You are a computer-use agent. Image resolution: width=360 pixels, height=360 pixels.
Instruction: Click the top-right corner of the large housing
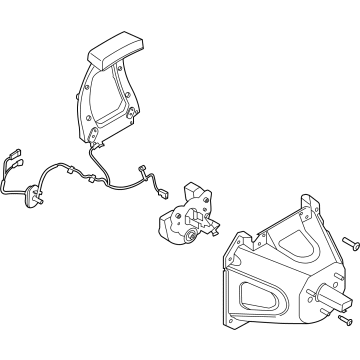pyautogui.click(x=302, y=207)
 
